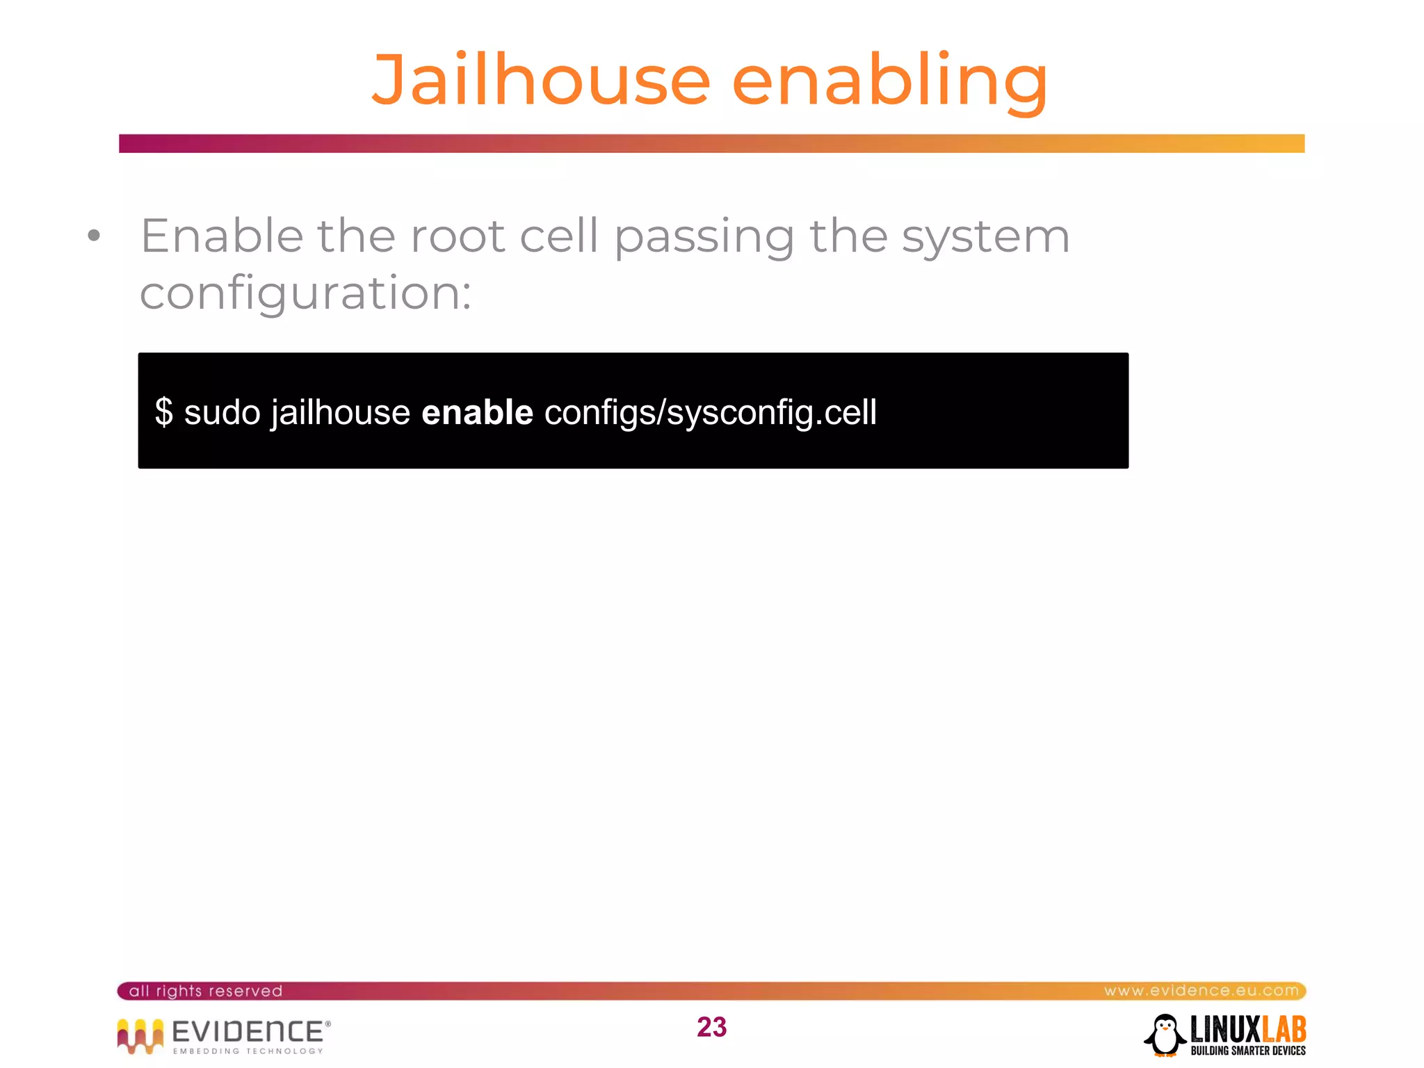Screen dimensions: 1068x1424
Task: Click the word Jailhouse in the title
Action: pos(541,81)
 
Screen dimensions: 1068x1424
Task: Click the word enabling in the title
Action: pos(889,81)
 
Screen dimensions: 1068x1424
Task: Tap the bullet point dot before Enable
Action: pos(94,236)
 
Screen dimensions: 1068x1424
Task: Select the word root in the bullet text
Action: pos(457,236)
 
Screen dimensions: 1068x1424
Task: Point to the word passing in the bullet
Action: pos(704,237)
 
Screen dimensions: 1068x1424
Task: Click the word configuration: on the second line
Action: pos(306,293)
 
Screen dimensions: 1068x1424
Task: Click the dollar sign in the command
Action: pos(164,412)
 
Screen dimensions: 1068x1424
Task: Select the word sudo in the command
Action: pos(222,412)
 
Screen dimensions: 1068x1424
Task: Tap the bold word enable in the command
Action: pos(477,412)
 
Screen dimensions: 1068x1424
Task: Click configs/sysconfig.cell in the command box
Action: pos(710,412)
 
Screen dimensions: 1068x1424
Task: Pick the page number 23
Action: pos(711,1027)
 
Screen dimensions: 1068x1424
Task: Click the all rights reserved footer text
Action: pos(206,991)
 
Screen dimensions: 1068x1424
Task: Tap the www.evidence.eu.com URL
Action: pos(1201,991)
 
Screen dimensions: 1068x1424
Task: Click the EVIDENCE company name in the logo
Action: pos(248,1031)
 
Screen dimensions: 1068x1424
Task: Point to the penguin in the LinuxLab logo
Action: pos(1165,1035)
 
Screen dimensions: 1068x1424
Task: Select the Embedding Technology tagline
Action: pos(248,1051)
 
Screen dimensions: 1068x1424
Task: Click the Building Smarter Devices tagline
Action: pos(1248,1051)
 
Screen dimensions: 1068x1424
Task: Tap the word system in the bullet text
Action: pos(985,237)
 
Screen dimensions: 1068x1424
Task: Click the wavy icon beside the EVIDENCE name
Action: pos(140,1035)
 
